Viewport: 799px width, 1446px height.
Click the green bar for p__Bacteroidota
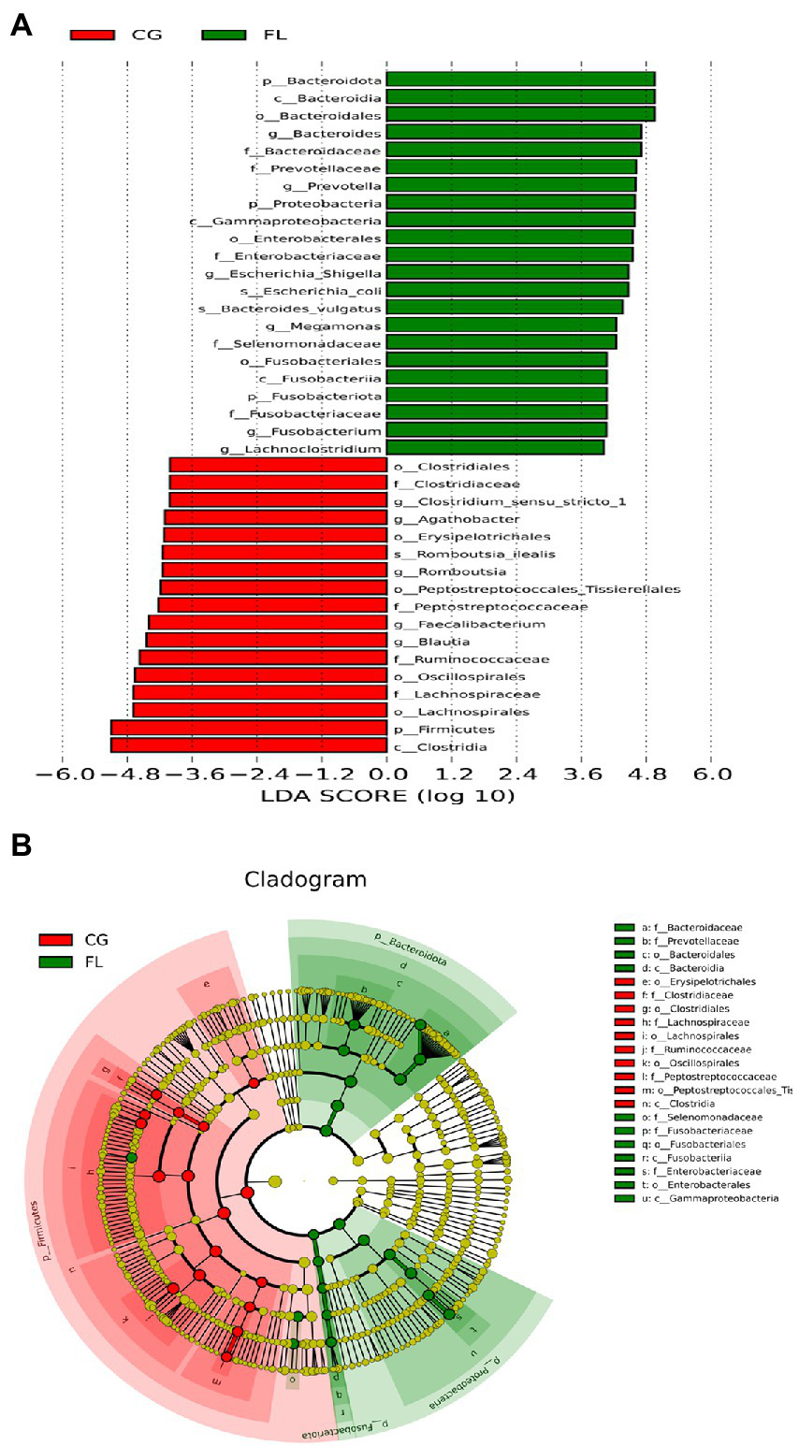pyautogui.click(x=519, y=80)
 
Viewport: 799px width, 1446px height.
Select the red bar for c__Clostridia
pyautogui.click(x=249, y=745)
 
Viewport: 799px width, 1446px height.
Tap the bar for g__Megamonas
pyautogui.click(x=501, y=325)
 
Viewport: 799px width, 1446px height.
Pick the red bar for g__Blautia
pyautogui.click(x=267, y=641)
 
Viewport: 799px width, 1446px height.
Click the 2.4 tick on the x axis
pyautogui.click(x=516, y=774)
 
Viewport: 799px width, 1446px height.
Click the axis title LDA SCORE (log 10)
pyautogui.click(x=386, y=797)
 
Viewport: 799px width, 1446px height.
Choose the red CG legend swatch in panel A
pyautogui.click(x=92, y=36)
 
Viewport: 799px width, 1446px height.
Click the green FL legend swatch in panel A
pyautogui.click(x=223, y=36)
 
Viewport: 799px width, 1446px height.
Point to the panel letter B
pyautogui.click(x=21, y=845)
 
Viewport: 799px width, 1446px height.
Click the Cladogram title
pyautogui.click(x=305, y=880)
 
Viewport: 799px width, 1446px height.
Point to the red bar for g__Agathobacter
pyautogui.click(x=276, y=518)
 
